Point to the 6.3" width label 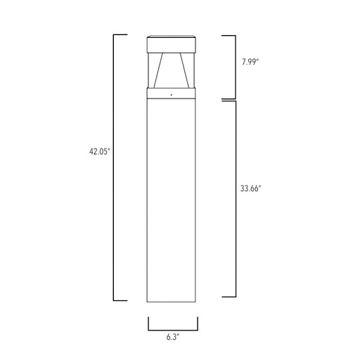(x=173, y=338)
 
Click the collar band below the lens (x=173, y=92)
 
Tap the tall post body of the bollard (x=173, y=197)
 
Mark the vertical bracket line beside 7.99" (x=235, y=66)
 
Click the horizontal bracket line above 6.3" (x=173, y=328)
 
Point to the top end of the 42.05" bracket (x=120, y=34)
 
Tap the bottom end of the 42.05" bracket (x=120, y=300)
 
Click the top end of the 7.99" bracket (x=229, y=34)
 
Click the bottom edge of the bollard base (x=173, y=301)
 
